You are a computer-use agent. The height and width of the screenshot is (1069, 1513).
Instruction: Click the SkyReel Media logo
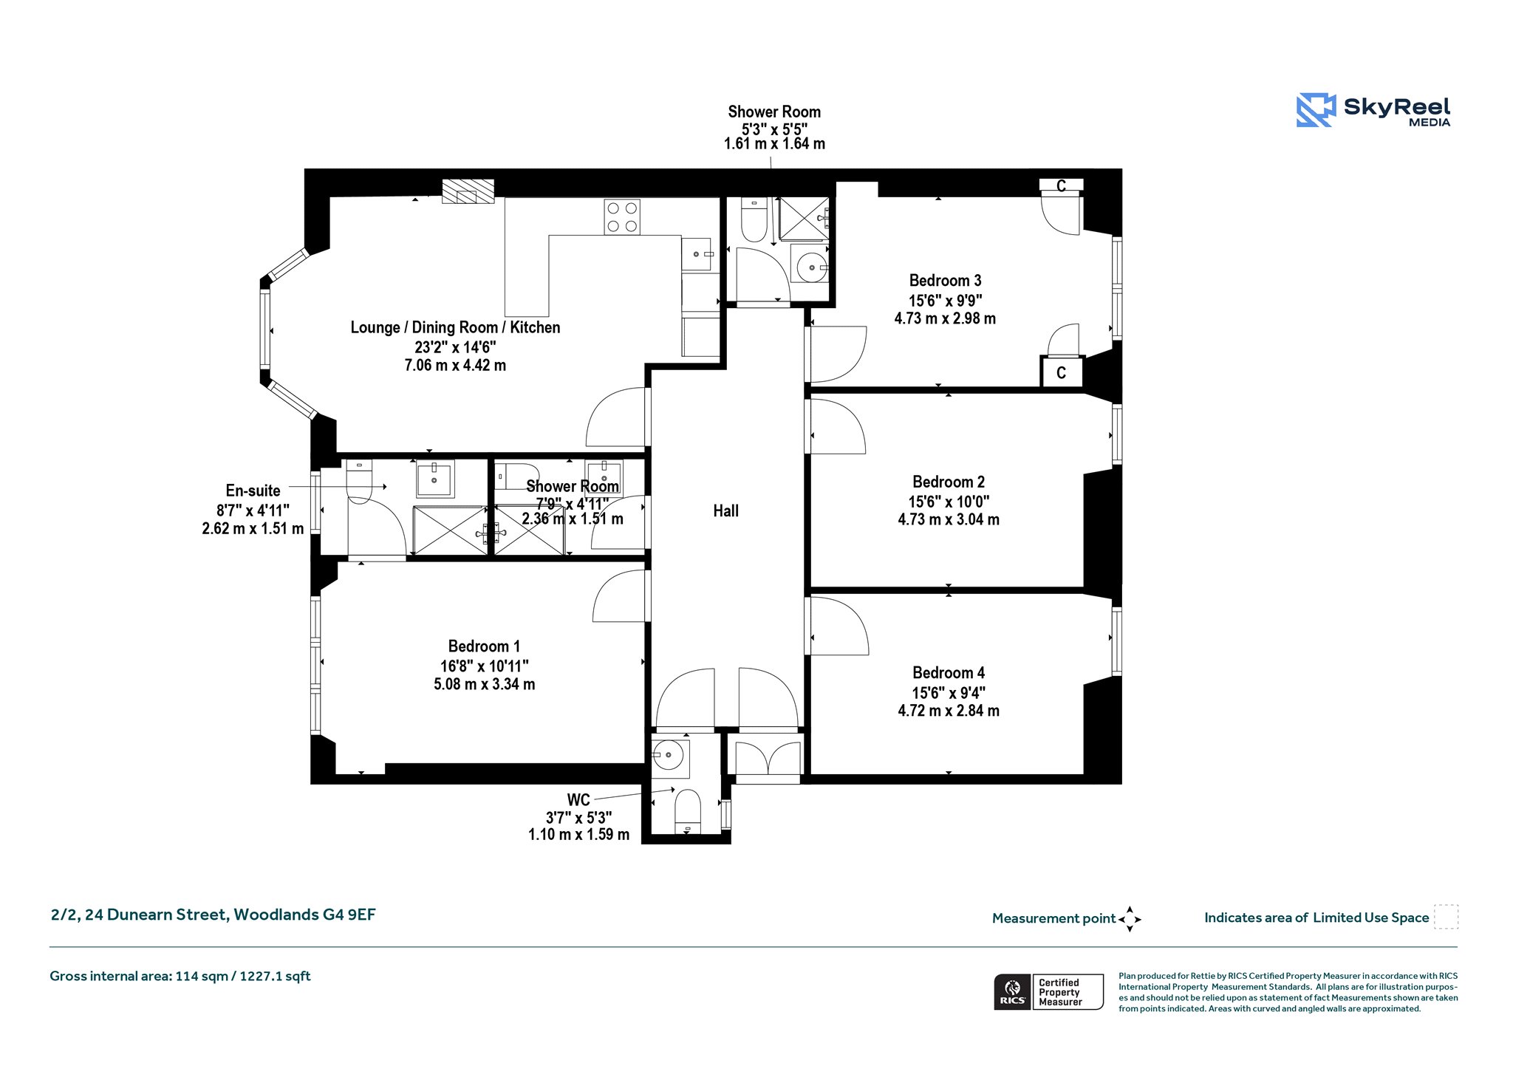(1373, 110)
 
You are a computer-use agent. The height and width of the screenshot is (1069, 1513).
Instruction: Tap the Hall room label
(725, 510)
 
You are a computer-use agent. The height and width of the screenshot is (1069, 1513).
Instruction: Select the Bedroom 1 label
(484, 646)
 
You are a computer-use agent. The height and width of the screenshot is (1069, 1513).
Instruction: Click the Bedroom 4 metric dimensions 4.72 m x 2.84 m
(949, 711)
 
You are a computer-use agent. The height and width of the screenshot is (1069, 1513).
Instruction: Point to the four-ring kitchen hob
(622, 217)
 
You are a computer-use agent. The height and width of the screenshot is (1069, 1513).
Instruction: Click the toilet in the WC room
(688, 811)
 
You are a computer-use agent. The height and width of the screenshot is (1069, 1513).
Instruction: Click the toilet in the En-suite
(360, 481)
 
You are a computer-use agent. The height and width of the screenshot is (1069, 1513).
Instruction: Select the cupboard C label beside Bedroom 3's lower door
(1061, 373)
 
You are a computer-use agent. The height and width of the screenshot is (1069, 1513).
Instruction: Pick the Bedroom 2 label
(949, 482)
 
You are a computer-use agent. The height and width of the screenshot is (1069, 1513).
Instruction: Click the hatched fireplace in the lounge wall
(468, 191)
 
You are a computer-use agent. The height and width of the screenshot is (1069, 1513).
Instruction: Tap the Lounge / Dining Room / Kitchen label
(455, 327)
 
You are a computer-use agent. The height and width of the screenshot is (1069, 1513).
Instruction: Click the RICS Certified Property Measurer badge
(1048, 992)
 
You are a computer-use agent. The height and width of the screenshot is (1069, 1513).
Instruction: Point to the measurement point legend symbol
(1130, 919)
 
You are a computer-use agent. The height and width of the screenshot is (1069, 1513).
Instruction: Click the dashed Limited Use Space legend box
(1446, 917)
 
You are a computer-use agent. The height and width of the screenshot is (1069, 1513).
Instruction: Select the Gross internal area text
(180, 976)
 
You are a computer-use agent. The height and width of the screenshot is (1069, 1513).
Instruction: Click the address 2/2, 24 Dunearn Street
(140, 915)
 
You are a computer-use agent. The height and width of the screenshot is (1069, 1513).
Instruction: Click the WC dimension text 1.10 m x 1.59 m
(578, 835)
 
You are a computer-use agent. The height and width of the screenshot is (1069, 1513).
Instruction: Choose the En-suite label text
(253, 491)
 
